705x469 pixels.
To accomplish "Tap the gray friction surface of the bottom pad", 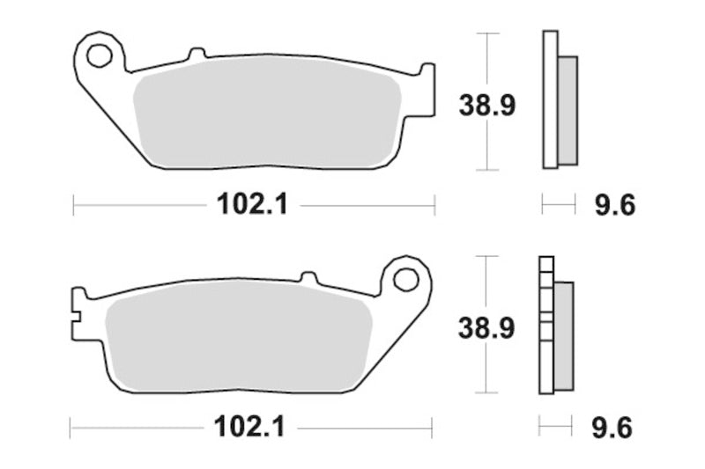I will (238, 339).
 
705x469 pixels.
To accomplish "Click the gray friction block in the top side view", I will (568, 110).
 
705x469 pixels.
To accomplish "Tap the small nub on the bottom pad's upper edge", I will (308, 277).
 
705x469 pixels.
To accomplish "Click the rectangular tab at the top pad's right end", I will (427, 88).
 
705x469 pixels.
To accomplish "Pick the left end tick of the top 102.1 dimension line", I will (72, 206).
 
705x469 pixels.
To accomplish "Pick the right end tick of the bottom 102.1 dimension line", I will (433, 429).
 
